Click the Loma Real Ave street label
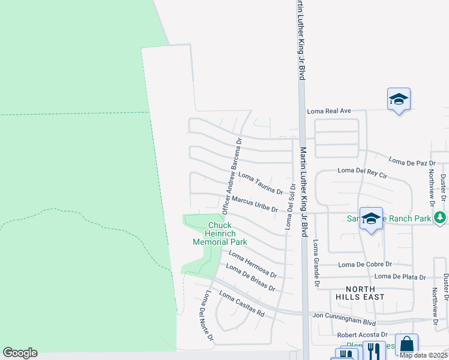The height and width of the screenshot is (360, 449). pyautogui.click(x=328, y=111)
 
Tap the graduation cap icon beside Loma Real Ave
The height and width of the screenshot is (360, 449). pyautogui.click(x=399, y=100)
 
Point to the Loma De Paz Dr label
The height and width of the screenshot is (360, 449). pyautogui.click(x=412, y=161)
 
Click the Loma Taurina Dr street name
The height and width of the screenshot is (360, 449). pyautogui.click(x=261, y=184)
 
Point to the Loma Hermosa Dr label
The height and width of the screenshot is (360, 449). pyautogui.click(x=252, y=266)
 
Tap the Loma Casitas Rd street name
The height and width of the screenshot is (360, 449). pyautogui.click(x=242, y=304)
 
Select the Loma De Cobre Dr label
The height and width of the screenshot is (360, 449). pyautogui.click(x=365, y=264)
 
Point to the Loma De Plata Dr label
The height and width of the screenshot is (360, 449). pyautogui.click(x=400, y=277)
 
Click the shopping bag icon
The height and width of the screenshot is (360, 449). pyautogui.click(x=406, y=344)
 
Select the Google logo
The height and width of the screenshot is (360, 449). pyautogui.click(x=20, y=353)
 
